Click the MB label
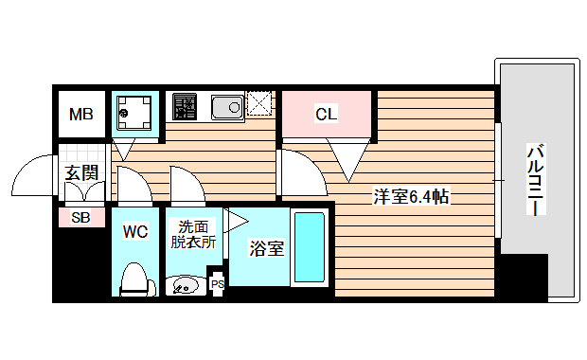point(80,115)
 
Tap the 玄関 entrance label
point(81,172)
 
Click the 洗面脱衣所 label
point(193,234)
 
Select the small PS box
point(217,283)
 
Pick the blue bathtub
point(309,249)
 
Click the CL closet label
point(326,115)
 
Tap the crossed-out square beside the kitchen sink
point(259,103)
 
